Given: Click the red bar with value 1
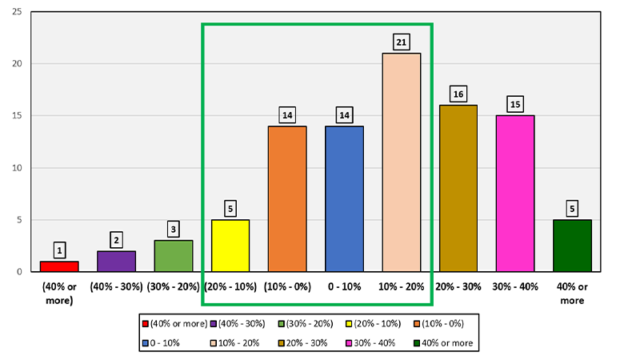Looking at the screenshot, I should [59, 266].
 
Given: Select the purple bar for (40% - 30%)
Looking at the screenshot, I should [116, 262].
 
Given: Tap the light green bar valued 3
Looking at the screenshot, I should [173, 256].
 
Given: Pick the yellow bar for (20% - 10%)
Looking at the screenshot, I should [230, 246].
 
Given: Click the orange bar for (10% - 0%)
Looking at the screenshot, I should [287, 199].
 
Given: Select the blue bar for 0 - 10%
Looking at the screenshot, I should [344, 199].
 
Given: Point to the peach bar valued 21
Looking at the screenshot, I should [401, 162].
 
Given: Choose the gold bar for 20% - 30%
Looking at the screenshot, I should [458, 189].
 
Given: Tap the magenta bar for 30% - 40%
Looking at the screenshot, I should [515, 194].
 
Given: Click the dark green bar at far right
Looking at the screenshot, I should [572, 246].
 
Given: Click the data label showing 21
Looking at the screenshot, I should [401, 41].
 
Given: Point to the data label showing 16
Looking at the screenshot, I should [458, 94].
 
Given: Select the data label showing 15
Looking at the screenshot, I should [515, 104].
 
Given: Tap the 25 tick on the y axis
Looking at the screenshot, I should [16, 12].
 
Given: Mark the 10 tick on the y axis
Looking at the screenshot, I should [16, 168].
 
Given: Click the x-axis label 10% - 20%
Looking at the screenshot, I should [401, 286].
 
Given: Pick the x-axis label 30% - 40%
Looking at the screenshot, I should [515, 286].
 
